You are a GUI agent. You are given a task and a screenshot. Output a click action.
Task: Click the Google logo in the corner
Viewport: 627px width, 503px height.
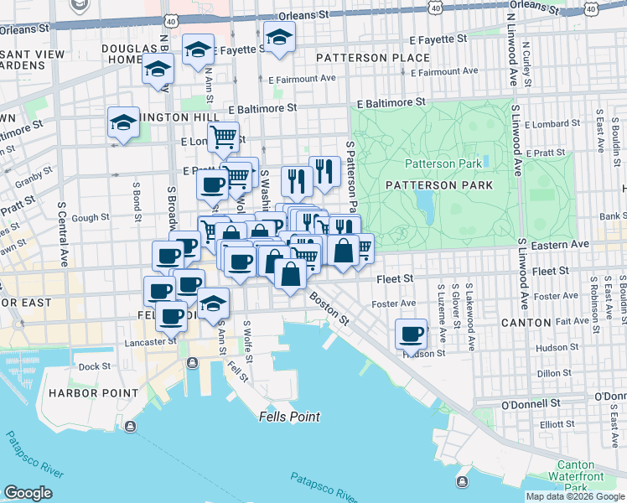pos(28,493)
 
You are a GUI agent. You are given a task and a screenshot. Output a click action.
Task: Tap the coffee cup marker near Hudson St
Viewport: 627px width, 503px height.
pos(411,334)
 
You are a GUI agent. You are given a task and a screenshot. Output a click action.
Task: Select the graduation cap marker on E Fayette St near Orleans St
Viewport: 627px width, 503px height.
pos(279,38)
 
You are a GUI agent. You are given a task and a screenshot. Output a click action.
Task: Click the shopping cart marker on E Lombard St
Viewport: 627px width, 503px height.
pos(223,137)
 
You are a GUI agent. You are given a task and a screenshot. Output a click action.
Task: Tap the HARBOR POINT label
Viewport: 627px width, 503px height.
pos(93,393)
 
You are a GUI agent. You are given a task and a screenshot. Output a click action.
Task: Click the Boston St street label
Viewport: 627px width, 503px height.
pos(328,308)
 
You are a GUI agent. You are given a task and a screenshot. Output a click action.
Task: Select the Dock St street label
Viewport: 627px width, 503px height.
pos(94,366)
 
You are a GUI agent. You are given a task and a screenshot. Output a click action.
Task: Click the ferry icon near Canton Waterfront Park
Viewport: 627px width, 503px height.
pos(463,481)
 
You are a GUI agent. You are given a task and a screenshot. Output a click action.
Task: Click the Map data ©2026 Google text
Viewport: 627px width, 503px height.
pos(574,496)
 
